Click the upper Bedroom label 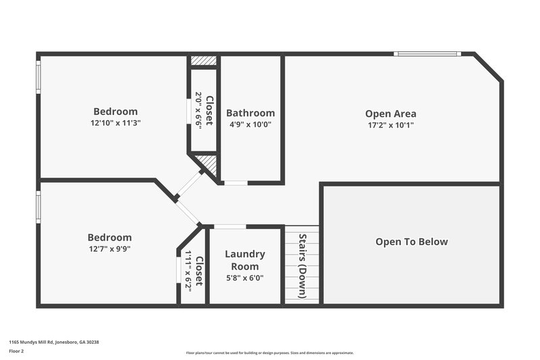pos(115,111)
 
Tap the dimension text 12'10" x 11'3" pos(115,123)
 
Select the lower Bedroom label pos(109,237)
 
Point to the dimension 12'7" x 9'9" pos(109,249)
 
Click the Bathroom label pos(250,113)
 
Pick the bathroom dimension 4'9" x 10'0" pos(250,124)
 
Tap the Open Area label pos(390,113)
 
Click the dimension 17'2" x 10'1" pos(390,125)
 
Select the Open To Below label pos(412,242)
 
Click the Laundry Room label pos(244,260)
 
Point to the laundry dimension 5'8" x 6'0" pos(244,277)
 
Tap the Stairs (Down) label pos(302,266)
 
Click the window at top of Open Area pos(428,54)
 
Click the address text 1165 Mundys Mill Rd pos(54,342)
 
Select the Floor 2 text pos(17,351)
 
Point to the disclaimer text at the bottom pos(269,353)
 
